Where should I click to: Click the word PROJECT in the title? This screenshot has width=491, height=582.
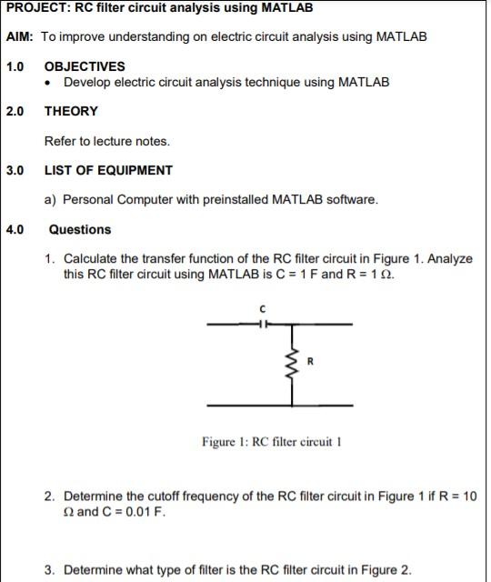36,8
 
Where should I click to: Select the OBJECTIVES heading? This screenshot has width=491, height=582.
85,66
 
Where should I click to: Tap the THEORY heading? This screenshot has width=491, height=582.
71,111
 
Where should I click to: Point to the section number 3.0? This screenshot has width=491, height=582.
15,170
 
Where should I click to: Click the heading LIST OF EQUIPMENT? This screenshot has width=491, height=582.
108,170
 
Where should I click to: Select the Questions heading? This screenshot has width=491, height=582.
80,230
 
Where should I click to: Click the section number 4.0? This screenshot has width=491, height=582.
15,230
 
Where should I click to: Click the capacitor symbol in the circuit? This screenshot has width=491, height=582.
264,324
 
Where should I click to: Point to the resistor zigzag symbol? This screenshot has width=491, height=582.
292,365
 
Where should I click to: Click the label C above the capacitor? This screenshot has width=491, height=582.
264,309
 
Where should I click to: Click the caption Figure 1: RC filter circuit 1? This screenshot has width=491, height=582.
271,443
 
